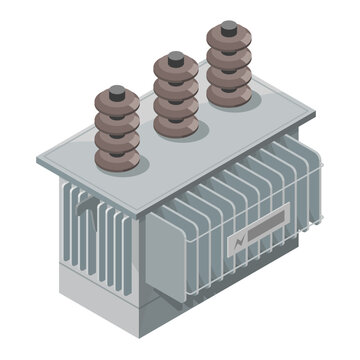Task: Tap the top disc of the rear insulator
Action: pyautogui.click(x=228, y=44)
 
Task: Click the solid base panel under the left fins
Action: pyautogui.click(x=100, y=300)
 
